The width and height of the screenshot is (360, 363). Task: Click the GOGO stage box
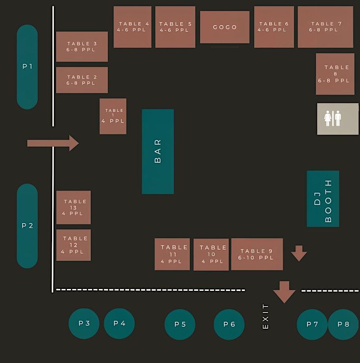(x=224, y=27)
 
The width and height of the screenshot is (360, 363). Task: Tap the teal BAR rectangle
(x=158, y=151)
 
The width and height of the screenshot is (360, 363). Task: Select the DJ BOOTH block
(x=323, y=199)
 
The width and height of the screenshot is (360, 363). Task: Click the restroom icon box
(x=337, y=119)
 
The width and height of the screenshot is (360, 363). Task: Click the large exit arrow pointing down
(x=284, y=292)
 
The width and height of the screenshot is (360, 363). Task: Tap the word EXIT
(x=266, y=316)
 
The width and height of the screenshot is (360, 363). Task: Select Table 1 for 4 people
(x=113, y=116)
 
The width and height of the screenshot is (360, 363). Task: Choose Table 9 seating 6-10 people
(x=257, y=254)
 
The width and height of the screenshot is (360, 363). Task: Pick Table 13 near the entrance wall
(x=74, y=207)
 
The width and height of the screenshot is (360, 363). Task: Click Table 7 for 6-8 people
(x=325, y=27)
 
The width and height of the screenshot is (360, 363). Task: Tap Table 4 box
(x=133, y=27)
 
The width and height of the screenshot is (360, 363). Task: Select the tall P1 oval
(x=27, y=67)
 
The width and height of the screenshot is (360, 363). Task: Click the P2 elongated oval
(x=27, y=226)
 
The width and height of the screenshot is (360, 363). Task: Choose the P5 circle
(x=180, y=324)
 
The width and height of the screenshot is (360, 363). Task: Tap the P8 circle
(x=343, y=324)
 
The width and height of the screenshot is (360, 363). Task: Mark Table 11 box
(x=172, y=254)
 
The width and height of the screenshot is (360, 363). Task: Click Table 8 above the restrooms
(x=335, y=74)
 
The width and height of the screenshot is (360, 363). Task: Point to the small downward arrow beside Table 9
(x=299, y=254)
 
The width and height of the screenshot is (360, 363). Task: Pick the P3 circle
(x=84, y=324)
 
